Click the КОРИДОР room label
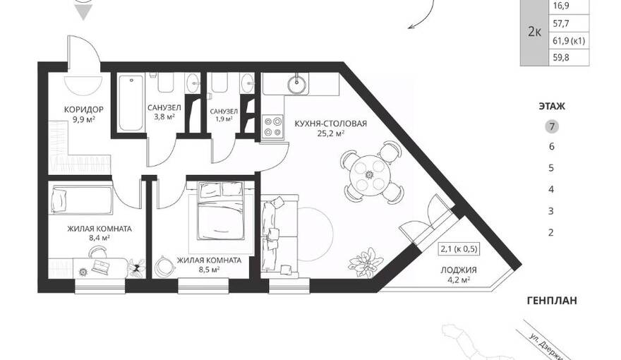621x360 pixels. pos(83,109)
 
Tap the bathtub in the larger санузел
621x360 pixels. pos(131,102)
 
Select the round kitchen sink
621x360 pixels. pos(299,84)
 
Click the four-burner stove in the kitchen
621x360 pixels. pos(273,126)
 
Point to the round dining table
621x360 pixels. pos(370,174)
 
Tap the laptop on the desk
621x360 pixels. pos(100,266)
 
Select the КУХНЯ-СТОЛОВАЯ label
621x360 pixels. pos(331,124)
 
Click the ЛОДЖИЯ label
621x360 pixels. pos(459,270)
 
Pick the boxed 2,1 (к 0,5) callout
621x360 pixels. pos(459,249)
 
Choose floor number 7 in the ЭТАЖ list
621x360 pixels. pos(552,127)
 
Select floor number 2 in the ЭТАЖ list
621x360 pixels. pos(551,232)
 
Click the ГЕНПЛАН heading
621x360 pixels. pos(552,301)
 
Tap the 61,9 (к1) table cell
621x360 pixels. pos(569,41)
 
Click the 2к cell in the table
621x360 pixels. pos(535,32)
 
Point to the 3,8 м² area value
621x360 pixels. pos(164,117)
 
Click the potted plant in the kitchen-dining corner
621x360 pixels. pos(365,260)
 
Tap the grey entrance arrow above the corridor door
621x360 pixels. pos(84,14)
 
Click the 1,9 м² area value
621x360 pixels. pos(224,119)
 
